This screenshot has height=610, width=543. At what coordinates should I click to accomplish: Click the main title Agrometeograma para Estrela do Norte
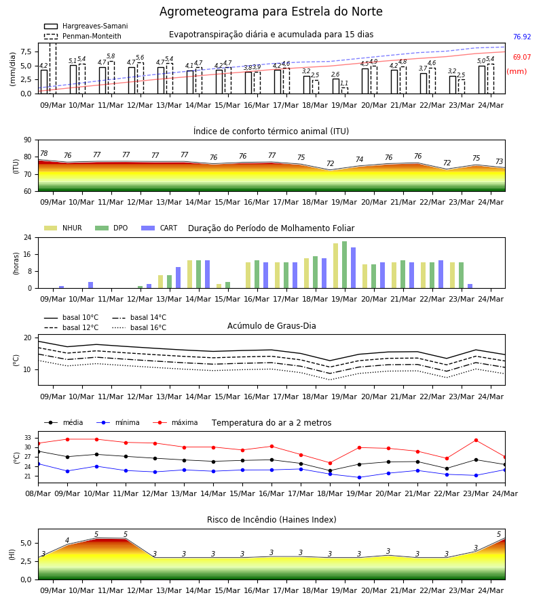[x=271, y=12]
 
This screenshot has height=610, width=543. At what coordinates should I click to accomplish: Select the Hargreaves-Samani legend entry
[x=86, y=26]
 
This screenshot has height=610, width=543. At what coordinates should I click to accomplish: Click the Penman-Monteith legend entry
[x=83, y=36]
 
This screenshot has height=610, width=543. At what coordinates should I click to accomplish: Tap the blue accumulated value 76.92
[x=522, y=37]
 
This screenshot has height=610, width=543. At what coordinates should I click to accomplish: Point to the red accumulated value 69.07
[x=522, y=57]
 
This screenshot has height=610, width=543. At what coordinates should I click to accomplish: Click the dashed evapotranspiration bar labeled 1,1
[x=344, y=91]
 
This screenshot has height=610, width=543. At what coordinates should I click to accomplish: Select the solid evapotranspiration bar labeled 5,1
[x=73, y=79]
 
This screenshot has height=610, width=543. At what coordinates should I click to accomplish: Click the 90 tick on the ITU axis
[x=28, y=140]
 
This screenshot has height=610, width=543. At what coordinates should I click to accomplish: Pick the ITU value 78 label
[x=43, y=154]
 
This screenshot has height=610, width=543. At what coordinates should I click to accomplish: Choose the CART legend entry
[x=159, y=228]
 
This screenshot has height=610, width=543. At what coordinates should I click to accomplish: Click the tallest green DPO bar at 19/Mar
[x=344, y=265]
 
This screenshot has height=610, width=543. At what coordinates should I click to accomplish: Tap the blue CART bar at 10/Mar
[x=91, y=285]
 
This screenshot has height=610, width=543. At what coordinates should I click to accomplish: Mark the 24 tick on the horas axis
[x=28, y=237]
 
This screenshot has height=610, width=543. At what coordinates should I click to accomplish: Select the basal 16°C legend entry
[x=139, y=327]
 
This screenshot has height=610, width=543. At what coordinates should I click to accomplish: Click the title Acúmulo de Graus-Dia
[x=271, y=326]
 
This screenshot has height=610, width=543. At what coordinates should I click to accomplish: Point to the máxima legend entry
[x=175, y=422]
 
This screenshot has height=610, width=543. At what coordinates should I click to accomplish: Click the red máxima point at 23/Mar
[x=476, y=440]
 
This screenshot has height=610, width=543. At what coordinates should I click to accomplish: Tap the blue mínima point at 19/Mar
[x=359, y=477]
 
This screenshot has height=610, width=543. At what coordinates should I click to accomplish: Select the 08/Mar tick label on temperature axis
[x=38, y=493]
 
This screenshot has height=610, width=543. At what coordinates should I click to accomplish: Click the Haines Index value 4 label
[x=67, y=540]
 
